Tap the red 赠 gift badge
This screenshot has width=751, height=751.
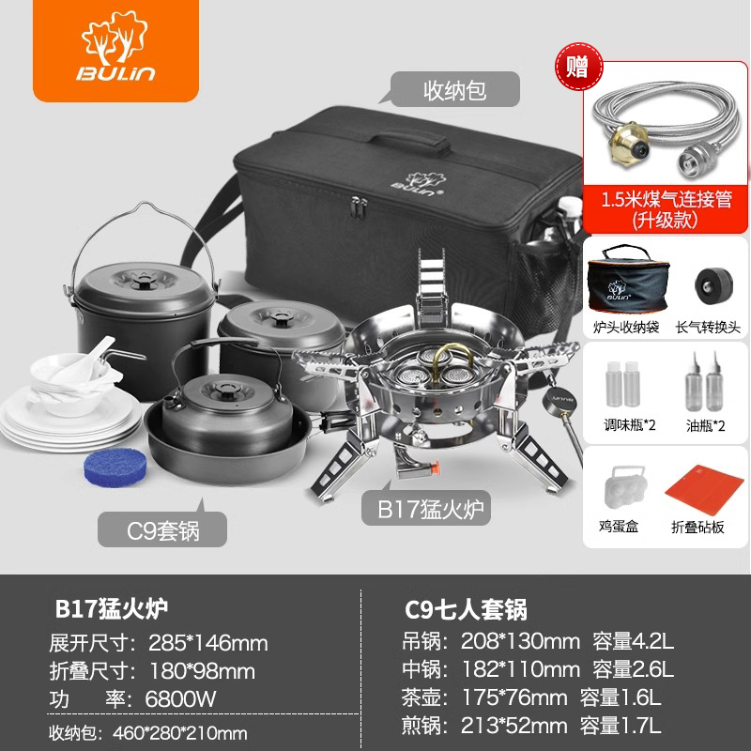578,67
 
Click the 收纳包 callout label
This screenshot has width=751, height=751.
454,89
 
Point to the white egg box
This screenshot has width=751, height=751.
623,487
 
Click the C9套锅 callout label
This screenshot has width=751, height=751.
162,529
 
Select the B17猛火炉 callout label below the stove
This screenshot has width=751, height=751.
426,509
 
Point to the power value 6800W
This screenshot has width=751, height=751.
180,698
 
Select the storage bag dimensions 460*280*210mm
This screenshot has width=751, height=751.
180,733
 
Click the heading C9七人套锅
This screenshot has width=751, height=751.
466,609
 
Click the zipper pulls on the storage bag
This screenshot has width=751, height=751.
359,207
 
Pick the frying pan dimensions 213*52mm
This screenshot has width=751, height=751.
513,726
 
